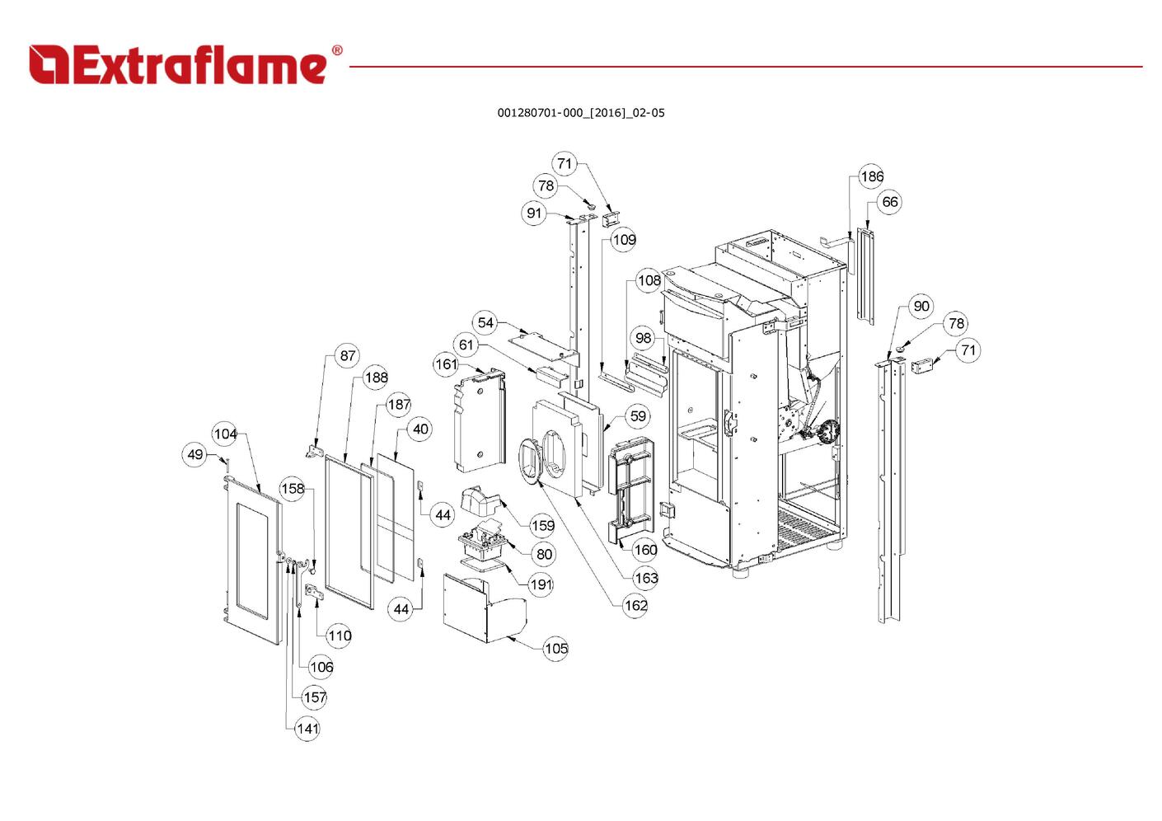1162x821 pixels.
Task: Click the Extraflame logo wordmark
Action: (x=186, y=64)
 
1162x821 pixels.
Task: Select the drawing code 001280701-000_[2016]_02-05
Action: (x=580, y=113)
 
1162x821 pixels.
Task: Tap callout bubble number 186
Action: (x=871, y=176)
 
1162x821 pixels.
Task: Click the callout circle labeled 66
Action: (x=889, y=202)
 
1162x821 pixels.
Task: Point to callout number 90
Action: (x=921, y=306)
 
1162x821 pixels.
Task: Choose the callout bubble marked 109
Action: (x=624, y=240)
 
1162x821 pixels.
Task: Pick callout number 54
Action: (x=485, y=323)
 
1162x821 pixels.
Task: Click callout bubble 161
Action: (x=446, y=364)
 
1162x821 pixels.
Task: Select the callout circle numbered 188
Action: (x=376, y=378)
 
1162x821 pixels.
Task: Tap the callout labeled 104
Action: (x=225, y=434)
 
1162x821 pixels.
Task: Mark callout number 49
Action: (x=194, y=454)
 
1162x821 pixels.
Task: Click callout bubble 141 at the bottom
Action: (x=307, y=729)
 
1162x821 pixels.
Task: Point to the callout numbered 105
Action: (x=556, y=649)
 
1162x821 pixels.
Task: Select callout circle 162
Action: (x=635, y=606)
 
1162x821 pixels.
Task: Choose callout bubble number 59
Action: (x=638, y=416)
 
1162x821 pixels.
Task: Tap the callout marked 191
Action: (x=541, y=585)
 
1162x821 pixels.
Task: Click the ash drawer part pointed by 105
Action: (x=482, y=610)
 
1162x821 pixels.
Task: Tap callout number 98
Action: (x=643, y=338)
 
